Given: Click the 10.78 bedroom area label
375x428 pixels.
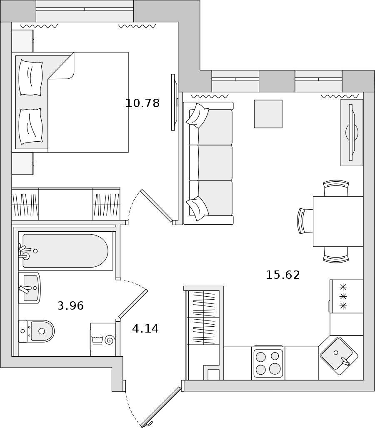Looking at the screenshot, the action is pyautogui.click(x=142, y=103).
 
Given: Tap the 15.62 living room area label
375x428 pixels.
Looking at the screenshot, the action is pyautogui.click(x=283, y=275).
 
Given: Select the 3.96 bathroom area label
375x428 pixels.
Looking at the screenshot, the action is pyautogui.click(x=70, y=306).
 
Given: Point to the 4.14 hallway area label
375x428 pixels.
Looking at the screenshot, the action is pyautogui.click(x=145, y=329).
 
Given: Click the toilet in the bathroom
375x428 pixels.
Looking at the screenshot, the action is pyautogui.click(x=37, y=331).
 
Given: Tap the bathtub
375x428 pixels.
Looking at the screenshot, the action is pyautogui.click(x=65, y=251).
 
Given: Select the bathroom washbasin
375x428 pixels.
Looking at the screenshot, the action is pyautogui.click(x=30, y=288).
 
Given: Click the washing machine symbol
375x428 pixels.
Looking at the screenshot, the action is pyautogui.click(x=103, y=340).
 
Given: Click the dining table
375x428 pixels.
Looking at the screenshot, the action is pyautogui.click(x=338, y=221).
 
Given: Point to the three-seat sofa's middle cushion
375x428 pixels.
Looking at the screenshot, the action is pyautogui.click(x=211, y=163).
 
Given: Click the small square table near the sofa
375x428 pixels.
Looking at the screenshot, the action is pyautogui.click(x=268, y=114).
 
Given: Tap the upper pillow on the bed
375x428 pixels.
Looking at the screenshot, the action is pyautogui.click(x=30, y=78).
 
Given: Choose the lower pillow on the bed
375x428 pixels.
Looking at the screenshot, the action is pyautogui.click(x=30, y=126).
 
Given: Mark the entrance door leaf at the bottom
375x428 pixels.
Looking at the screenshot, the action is pyautogui.click(x=161, y=407).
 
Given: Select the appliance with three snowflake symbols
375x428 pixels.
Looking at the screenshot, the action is pyautogui.click(x=346, y=296).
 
